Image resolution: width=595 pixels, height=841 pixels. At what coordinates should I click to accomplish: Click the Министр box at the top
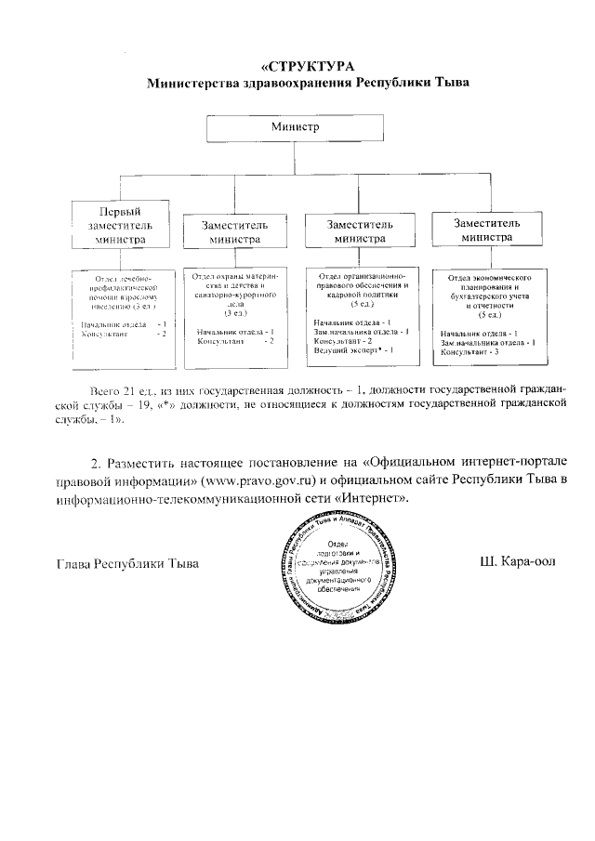pos(297,126)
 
